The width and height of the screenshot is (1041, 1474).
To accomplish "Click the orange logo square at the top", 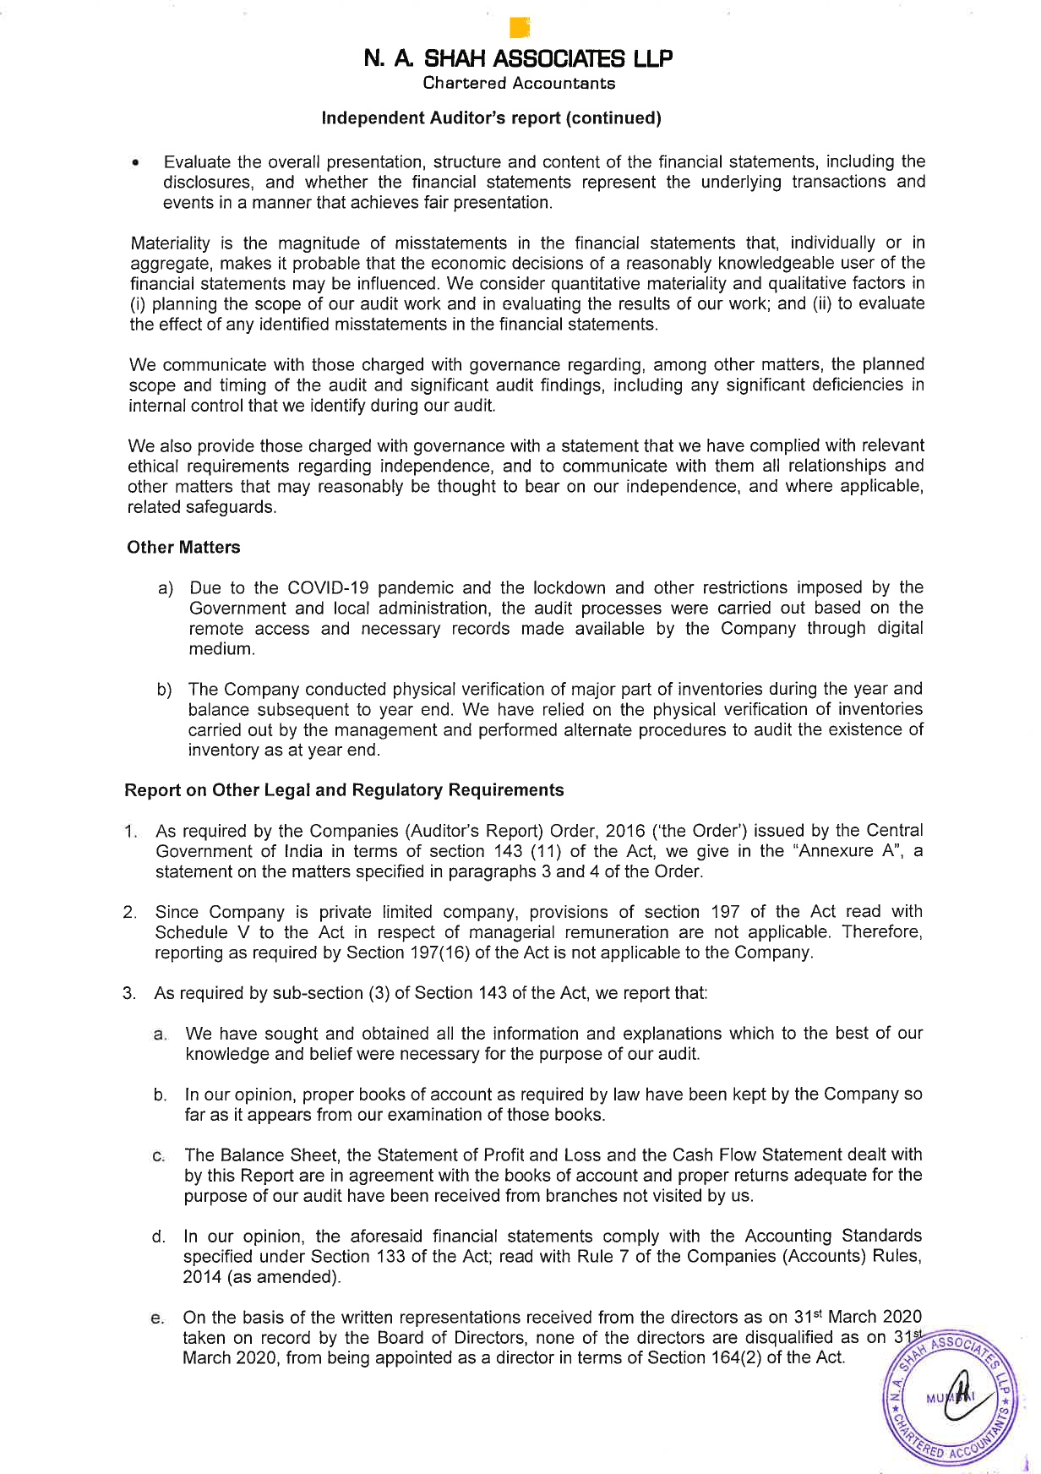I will click(520, 28).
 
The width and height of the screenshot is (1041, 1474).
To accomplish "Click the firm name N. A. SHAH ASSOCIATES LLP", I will click(519, 59).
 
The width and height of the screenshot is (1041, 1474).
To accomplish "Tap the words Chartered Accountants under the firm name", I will click(519, 83).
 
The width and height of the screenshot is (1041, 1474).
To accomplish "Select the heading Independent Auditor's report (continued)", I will click(492, 118).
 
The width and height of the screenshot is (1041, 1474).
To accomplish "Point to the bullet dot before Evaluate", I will click(135, 163).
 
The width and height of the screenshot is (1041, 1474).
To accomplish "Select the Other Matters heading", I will click(183, 548).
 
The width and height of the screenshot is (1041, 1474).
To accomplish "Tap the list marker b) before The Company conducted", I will click(164, 690).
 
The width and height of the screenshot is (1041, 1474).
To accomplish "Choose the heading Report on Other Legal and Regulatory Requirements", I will click(344, 790).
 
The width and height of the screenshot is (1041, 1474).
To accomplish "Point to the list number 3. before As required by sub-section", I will click(129, 993).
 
